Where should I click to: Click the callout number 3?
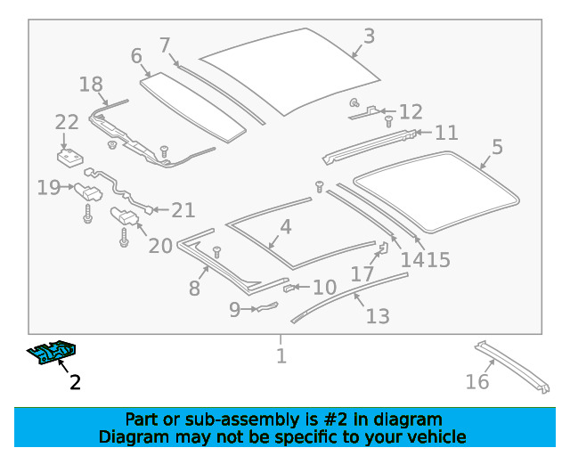368,37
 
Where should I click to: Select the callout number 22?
67,123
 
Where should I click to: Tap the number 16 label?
477,381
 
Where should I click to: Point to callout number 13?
378,315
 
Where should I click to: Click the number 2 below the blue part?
75,383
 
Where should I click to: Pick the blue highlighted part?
53,354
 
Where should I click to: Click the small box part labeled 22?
65,158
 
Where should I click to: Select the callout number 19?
48,187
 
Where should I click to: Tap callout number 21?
183,210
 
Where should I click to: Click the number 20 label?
160,245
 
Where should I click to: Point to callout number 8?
194,289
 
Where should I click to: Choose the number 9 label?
235,310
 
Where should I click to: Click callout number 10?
324,288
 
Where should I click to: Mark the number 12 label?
411,112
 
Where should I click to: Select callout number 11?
446,133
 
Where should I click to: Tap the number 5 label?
497,147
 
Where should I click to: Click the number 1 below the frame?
281,356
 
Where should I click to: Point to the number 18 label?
91,85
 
